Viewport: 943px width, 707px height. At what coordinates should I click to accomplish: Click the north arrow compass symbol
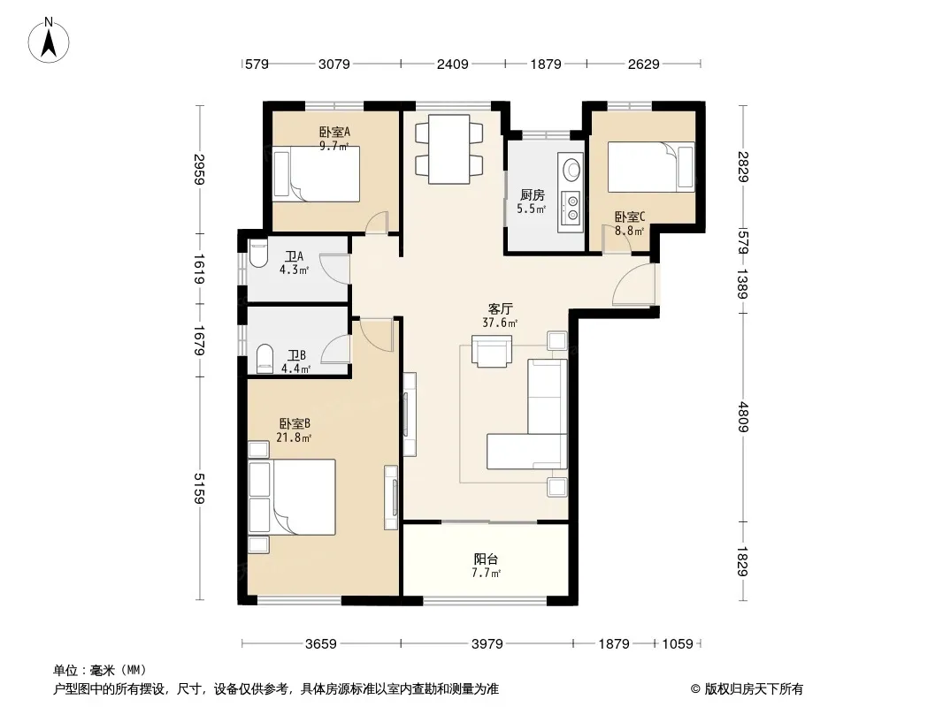click(x=49, y=41)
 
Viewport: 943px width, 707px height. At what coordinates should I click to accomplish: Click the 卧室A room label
click(x=334, y=132)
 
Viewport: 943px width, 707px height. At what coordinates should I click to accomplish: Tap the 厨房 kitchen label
click(x=533, y=194)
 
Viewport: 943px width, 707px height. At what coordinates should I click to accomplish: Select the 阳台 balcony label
click(x=486, y=559)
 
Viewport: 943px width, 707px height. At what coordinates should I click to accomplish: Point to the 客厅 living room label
click(x=500, y=308)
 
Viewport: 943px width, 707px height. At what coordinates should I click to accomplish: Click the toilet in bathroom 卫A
click(x=258, y=255)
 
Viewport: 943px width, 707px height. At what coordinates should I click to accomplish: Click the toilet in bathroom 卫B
click(x=264, y=358)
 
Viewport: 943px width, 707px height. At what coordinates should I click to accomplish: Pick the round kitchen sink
click(x=571, y=169)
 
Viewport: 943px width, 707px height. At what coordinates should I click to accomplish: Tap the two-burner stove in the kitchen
click(x=571, y=207)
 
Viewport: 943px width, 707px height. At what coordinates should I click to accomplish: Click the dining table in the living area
click(x=449, y=149)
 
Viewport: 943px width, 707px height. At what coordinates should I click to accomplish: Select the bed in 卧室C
click(x=651, y=167)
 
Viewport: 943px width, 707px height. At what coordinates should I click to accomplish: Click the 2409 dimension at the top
click(x=452, y=64)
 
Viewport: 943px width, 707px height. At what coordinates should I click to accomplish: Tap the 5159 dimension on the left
click(x=200, y=489)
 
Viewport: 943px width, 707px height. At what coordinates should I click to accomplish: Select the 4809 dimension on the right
click(x=743, y=417)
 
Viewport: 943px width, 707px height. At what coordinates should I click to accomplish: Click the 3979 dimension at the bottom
click(x=487, y=644)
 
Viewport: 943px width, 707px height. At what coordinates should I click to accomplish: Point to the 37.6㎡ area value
click(x=500, y=323)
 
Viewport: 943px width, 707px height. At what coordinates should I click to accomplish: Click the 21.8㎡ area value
click(x=294, y=437)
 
